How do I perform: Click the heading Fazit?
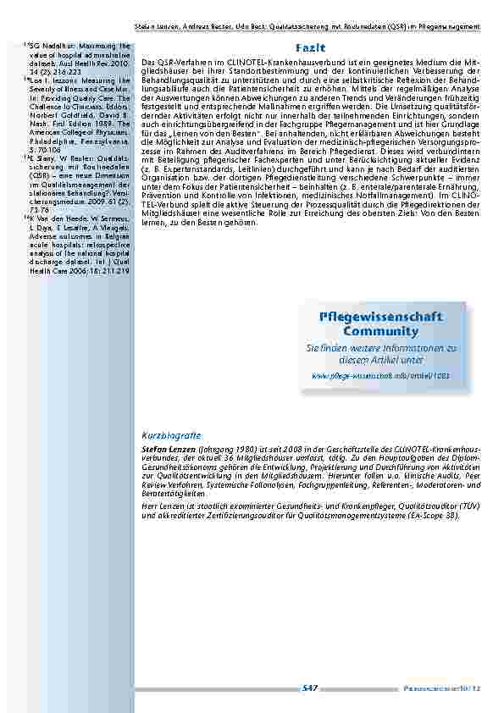309,47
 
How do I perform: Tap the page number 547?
309,688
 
